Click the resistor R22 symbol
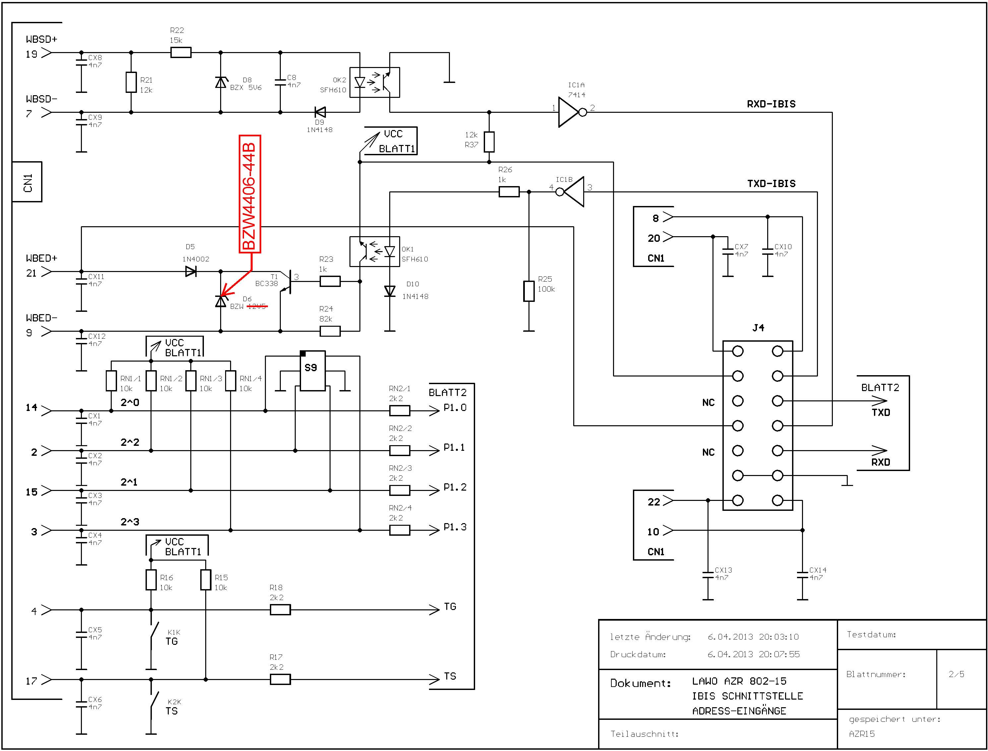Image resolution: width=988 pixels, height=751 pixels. (181, 53)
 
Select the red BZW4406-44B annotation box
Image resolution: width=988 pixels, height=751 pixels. (250, 194)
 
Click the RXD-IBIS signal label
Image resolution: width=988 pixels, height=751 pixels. (771, 104)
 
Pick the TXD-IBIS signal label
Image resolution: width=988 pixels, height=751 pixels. (771, 184)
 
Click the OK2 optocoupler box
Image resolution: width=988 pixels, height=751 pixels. (374, 82)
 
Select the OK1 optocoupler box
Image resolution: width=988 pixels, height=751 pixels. (374, 252)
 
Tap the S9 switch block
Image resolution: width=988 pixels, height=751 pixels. (312, 371)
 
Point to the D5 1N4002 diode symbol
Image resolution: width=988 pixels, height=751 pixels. (191, 271)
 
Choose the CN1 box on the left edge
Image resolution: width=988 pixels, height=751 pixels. (27, 182)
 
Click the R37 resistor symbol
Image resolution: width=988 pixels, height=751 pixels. (489, 142)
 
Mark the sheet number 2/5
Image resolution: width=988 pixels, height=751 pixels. (956, 674)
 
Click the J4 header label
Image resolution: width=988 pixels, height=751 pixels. (758, 328)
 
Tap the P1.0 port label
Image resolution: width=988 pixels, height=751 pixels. (455, 408)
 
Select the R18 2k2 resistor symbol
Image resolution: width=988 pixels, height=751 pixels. (280, 610)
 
